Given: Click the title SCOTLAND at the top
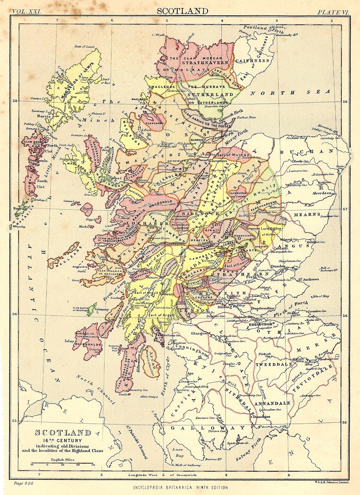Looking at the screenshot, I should point(182,11).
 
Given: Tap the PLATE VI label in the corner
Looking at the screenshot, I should point(333,12).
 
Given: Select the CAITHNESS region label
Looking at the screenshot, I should point(253,61).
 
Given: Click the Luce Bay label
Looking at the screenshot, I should point(177,453).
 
